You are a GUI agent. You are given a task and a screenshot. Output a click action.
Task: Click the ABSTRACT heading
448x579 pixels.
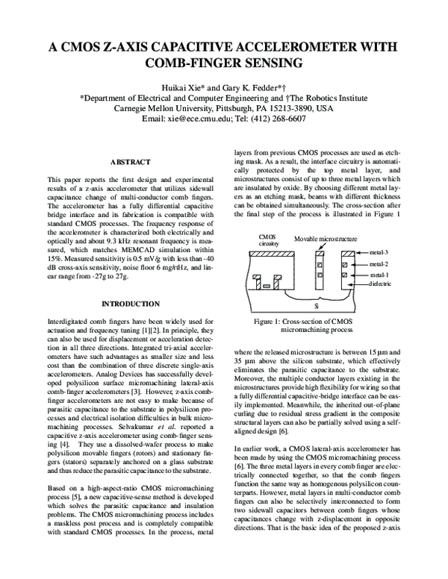click(131, 162)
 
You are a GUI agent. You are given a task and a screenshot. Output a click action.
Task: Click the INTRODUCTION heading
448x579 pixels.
click(131, 304)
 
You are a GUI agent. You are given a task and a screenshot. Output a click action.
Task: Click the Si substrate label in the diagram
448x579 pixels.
click(316, 305)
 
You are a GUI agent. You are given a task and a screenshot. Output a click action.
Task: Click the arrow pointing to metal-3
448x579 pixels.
click(364, 254)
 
